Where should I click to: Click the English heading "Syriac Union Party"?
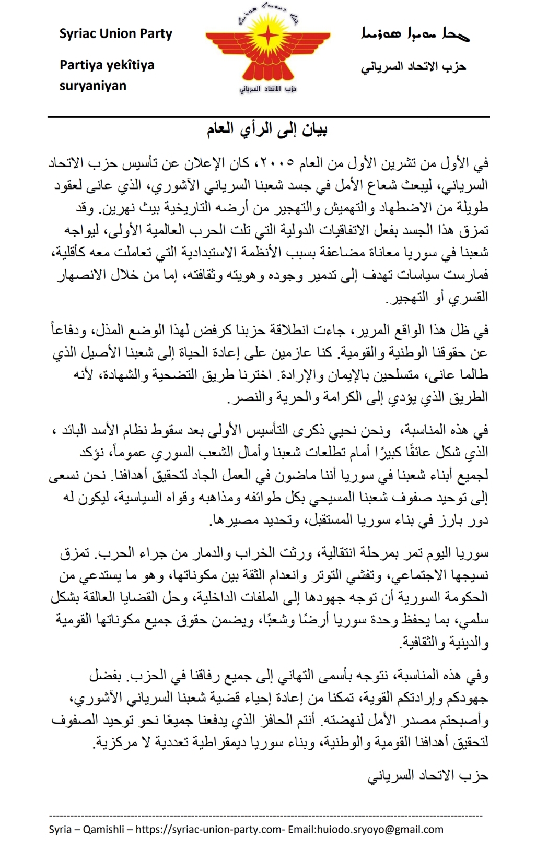tap(115, 34)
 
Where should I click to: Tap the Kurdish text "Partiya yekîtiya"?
tap(107, 65)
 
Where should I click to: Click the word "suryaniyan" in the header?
tap(92, 86)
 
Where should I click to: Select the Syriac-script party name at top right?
tap(415, 34)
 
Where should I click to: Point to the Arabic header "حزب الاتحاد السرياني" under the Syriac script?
tap(413, 67)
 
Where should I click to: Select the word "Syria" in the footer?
tap(60, 829)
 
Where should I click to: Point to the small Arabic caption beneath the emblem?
tap(268, 89)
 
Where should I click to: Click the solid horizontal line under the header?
tap(269, 117)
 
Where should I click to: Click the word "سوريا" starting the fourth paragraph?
tap(472, 552)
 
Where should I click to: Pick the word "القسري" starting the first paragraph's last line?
tap(472, 297)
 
